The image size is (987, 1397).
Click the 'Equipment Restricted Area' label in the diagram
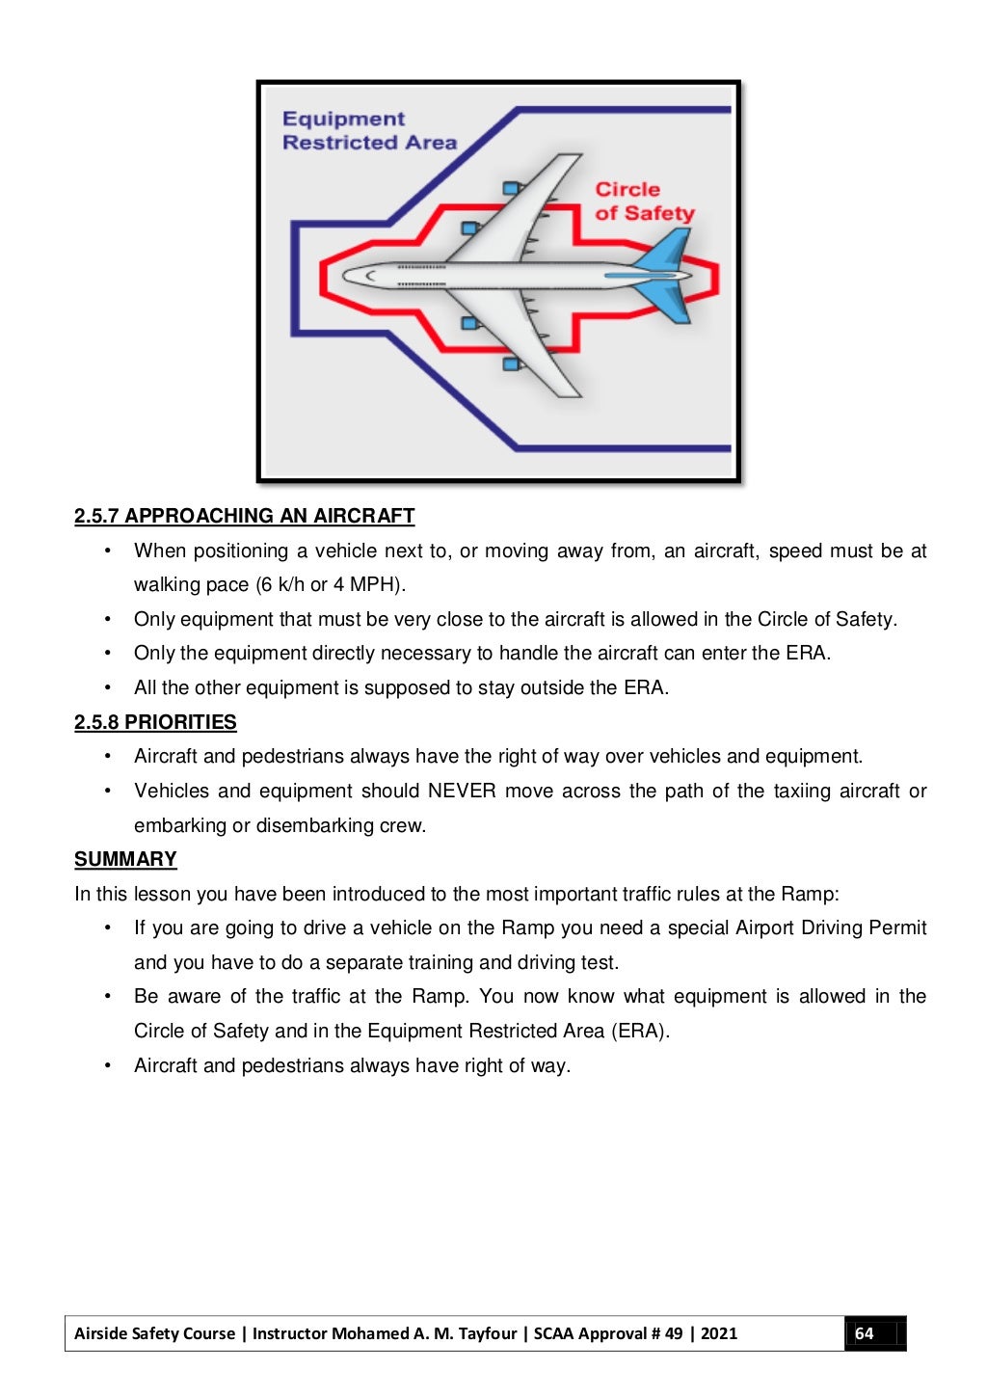click(x=368, y=131)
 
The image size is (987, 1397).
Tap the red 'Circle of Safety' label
click(x=644, y=201)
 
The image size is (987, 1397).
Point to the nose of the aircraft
click(x=349, y=276)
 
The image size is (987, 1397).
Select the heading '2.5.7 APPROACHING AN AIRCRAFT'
click(x=244, y=516)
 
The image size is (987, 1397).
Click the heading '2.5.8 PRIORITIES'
click(x=155, y=722)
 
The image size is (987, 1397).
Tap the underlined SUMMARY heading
click(x=125, y=859)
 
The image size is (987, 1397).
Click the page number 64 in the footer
click(x=865, y=1333)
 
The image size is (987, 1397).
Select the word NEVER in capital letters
click(x=462, y=791)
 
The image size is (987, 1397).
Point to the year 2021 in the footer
click(x=719, y=1333)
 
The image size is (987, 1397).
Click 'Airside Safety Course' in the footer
click(x=154, y=1333)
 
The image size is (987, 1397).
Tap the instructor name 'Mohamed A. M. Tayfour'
click(x=424, y=1333)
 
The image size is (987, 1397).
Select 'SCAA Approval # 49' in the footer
click(x=608, y=1333)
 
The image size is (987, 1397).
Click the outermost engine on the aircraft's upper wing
click(x=511, y=188)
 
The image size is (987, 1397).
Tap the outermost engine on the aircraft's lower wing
click(x=511, y=363)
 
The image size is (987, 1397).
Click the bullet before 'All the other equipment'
click(x=108, y=687)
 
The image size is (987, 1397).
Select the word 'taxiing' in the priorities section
click(x=802, y=791)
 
